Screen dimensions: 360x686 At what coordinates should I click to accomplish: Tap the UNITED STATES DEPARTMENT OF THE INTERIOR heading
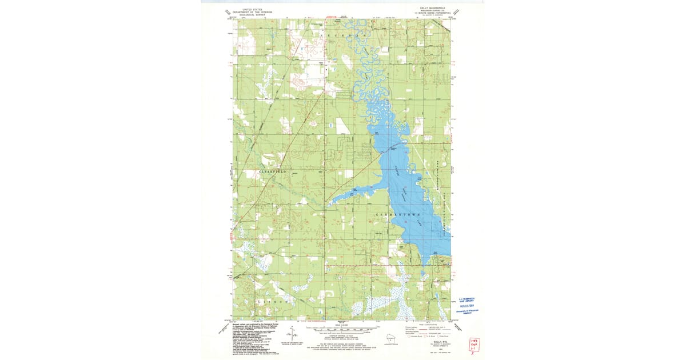point(253,11)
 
